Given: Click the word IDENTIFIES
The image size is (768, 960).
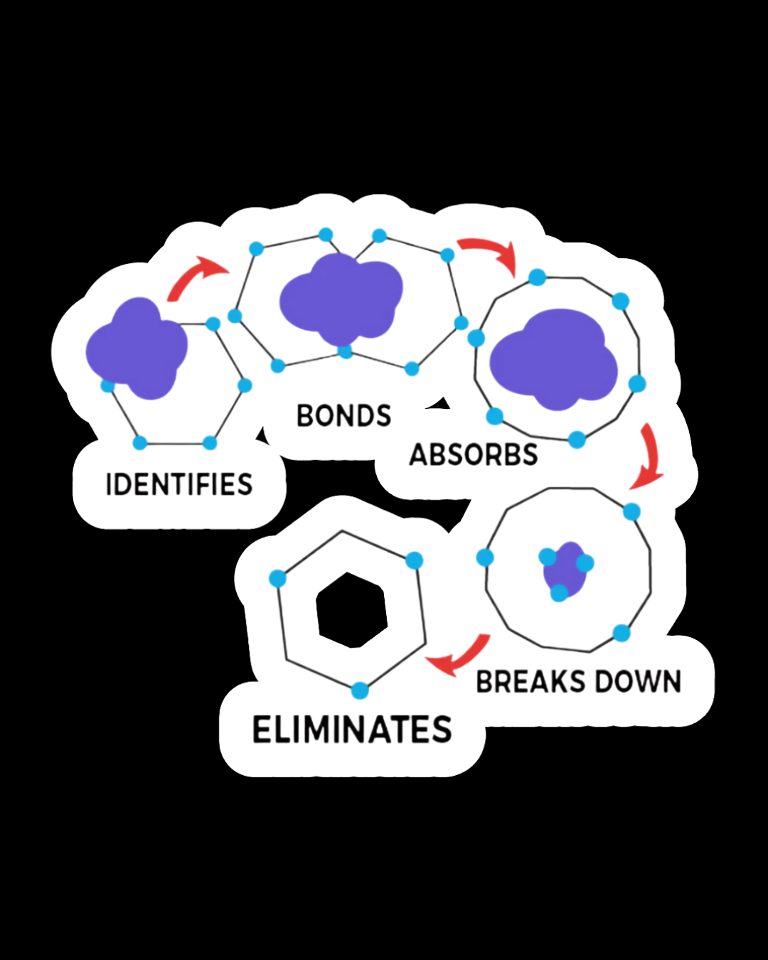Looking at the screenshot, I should [x=179, y=485].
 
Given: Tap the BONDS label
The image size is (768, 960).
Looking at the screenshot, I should [x=343, y=416].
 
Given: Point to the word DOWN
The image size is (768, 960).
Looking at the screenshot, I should [x=638, y=682].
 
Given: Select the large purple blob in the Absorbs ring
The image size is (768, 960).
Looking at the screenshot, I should [x=553, y=360].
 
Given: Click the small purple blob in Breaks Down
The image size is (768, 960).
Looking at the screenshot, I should [x=565, y=569].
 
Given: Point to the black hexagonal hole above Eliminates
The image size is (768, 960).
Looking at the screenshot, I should [x=351, y=610].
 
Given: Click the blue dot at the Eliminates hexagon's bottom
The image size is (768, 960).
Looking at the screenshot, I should [x=360, y=690].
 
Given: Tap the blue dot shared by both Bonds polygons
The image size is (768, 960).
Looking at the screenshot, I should [x=345, y=351].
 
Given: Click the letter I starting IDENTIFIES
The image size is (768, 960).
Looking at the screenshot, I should [x=109, y=485].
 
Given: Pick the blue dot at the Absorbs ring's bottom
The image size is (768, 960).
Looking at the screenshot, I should [x=577, y=439].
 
